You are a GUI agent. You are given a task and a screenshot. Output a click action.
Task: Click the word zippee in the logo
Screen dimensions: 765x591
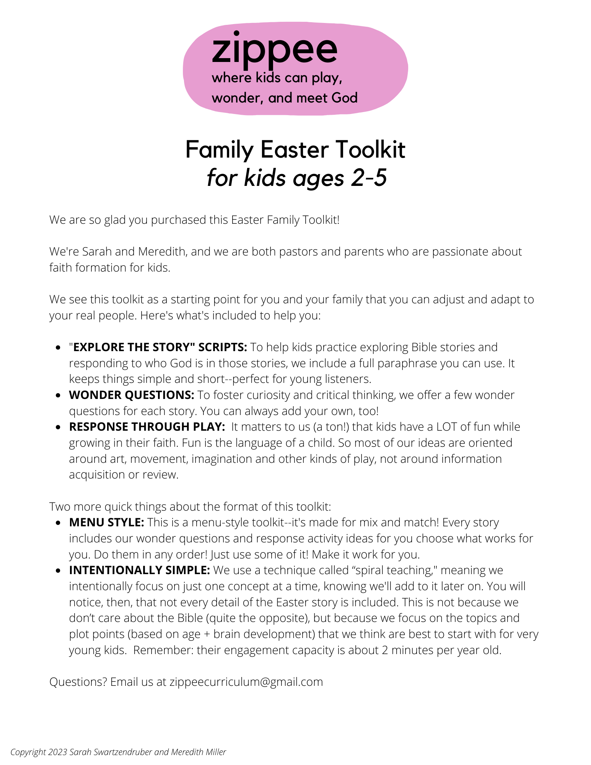pos(274,50)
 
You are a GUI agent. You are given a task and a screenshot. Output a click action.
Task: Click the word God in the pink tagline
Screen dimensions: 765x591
pos(344,98)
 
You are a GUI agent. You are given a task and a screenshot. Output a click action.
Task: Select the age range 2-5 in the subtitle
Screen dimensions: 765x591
pos(369,178)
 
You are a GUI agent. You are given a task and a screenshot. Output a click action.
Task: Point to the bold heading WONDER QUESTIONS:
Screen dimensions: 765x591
pos(132,395)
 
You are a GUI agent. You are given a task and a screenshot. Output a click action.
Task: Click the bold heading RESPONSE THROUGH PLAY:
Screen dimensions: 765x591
pos(147,426)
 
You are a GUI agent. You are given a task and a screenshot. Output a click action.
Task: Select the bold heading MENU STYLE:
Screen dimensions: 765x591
pos(106,522)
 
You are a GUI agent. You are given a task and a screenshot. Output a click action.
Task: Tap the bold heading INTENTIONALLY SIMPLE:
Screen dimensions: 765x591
pos(139,570)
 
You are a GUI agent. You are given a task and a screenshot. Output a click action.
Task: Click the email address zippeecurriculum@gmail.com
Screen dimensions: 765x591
pos(246,682)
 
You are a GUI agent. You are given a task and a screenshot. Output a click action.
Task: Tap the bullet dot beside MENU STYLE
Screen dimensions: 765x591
pos(58,523)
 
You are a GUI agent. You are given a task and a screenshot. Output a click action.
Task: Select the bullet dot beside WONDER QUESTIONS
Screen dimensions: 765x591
pos(58,396)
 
